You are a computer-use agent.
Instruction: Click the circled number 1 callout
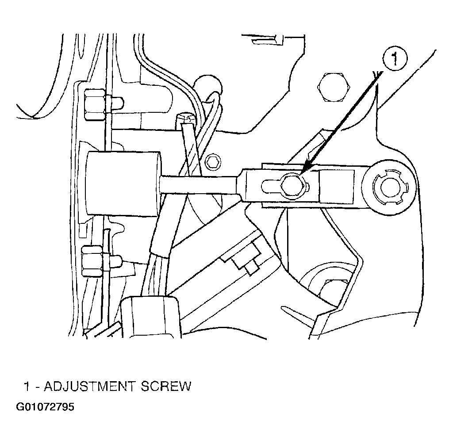[x=395, y=59]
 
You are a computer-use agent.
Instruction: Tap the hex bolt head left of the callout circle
[x=334, y=87]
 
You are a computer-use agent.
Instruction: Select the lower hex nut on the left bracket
[x=92, y=261]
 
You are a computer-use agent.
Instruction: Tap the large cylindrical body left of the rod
[x=123, y=184]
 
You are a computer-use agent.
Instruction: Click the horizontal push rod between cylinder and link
[x=200, y=184]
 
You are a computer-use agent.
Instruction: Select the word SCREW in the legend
[x=166, y=386]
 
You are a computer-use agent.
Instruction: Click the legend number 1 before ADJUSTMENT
[x=27, y=386]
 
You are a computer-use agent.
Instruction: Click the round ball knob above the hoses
[x=208, y=85]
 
